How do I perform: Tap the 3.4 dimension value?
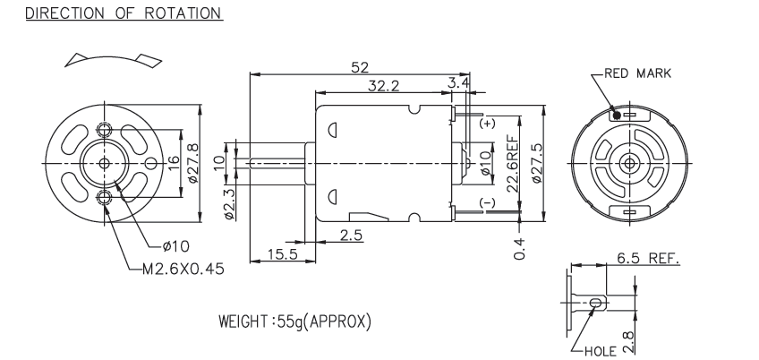[457, 83]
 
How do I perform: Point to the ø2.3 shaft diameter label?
[229, 204]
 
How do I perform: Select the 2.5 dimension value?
[353, 235]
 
